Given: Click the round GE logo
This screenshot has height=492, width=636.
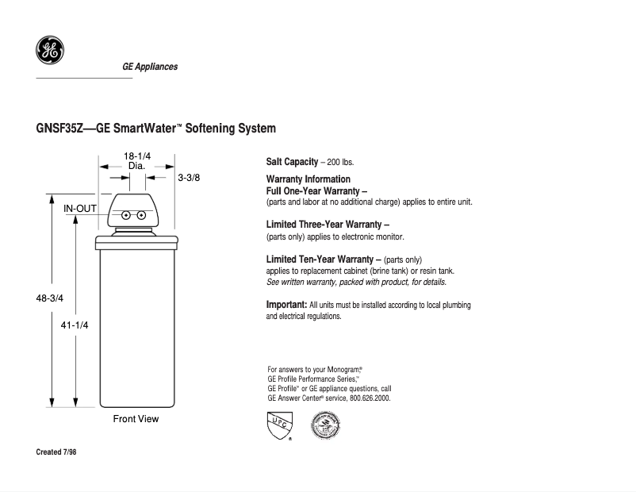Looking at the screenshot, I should click(x=50, y=51).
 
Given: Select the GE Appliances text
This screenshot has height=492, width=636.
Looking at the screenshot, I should click(x=150, y=67).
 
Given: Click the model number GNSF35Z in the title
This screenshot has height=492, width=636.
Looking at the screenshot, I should click(x=58, y=129).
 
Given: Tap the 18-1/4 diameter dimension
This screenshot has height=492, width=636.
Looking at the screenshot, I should click(x=136, y=156).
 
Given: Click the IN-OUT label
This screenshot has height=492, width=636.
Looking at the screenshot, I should click(x=80, y=208).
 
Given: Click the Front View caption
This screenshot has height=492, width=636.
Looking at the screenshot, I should click(x=136, y=418).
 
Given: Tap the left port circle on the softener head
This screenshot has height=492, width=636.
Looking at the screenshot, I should click(x=125, y=215).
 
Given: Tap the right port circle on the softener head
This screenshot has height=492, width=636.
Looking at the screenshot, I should click(x=140, y=215).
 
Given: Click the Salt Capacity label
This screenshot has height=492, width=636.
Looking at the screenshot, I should click(x=292, y=162).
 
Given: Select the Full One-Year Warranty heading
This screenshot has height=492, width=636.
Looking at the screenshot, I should click(x=316, y=190).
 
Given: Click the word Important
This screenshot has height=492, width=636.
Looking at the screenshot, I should click(x=286, y=305).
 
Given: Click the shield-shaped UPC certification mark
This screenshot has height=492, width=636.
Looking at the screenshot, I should click(x=278, y=426).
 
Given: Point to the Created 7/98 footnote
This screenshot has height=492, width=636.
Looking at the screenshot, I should click(x=56, y=452).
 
